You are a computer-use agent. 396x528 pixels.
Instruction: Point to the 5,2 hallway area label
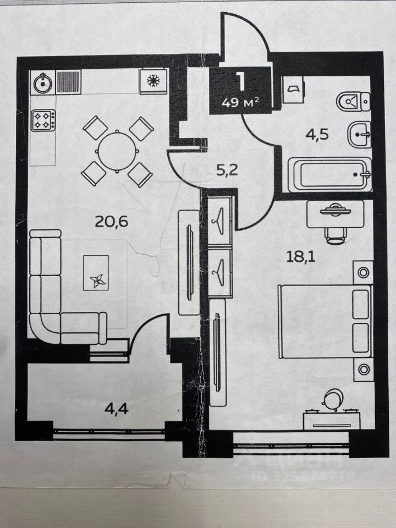point(223,171)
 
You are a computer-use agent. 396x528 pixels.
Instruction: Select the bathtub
point(329,174)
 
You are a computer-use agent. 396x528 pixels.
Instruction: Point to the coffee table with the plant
point(97,273)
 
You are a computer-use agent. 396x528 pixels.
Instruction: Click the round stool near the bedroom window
point(333,399)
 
